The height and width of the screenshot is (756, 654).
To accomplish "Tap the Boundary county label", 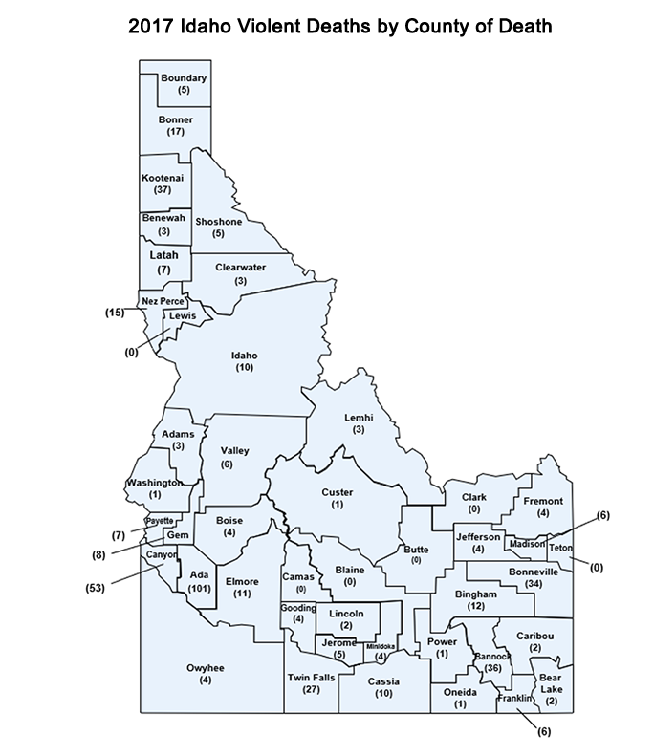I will point(184,77).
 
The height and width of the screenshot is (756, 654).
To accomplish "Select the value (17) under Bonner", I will point(175,131).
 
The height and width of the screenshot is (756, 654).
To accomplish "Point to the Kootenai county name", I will point(162,179).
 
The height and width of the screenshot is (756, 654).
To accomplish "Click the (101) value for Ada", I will point(200,588).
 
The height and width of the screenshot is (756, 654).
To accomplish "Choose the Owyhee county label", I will point(205,668).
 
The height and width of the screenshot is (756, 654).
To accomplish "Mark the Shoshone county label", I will point(218,222).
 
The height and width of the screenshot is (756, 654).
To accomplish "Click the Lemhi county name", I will point(358,418).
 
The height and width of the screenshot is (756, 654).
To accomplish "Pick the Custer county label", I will point(338,491).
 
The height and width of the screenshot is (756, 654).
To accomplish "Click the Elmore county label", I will point(242,581).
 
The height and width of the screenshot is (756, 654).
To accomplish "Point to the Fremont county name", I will point(543,501).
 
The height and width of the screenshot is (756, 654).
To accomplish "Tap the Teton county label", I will point(560,549).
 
